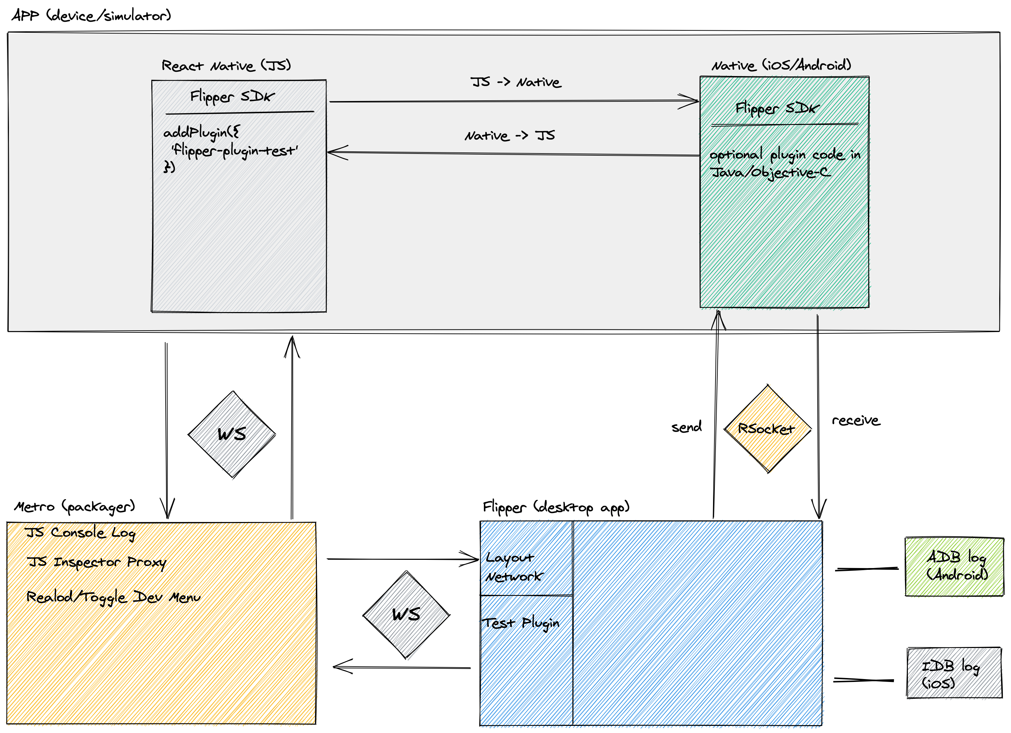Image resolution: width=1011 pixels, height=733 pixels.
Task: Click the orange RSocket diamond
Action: point(767,429)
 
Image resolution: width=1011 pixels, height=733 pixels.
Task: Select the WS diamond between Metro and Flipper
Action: point(406,614)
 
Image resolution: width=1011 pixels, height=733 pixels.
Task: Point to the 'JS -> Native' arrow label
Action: point(516,82)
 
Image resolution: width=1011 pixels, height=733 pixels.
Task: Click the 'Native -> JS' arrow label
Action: point(510,136)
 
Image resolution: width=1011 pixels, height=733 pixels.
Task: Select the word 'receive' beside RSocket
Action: point(856,421)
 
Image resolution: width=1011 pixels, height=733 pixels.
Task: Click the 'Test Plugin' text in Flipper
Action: point(521,623)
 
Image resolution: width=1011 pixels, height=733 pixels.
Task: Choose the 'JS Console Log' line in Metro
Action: point(80,533)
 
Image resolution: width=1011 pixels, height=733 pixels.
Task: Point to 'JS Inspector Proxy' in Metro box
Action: point(96,562)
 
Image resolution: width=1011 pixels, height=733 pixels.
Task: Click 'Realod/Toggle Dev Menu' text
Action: point(113,597)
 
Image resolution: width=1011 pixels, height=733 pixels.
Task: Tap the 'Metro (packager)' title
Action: point(75,507)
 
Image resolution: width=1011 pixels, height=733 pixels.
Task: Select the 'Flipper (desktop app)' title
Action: point(556,507)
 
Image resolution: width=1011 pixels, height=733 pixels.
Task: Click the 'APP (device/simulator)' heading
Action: point(91,16)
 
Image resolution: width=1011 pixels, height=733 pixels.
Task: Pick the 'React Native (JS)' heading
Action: point(226,66)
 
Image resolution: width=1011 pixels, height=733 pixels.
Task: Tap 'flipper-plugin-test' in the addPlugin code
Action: point(234,151)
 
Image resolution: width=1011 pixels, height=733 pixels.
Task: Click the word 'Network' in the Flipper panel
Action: point(514,577)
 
